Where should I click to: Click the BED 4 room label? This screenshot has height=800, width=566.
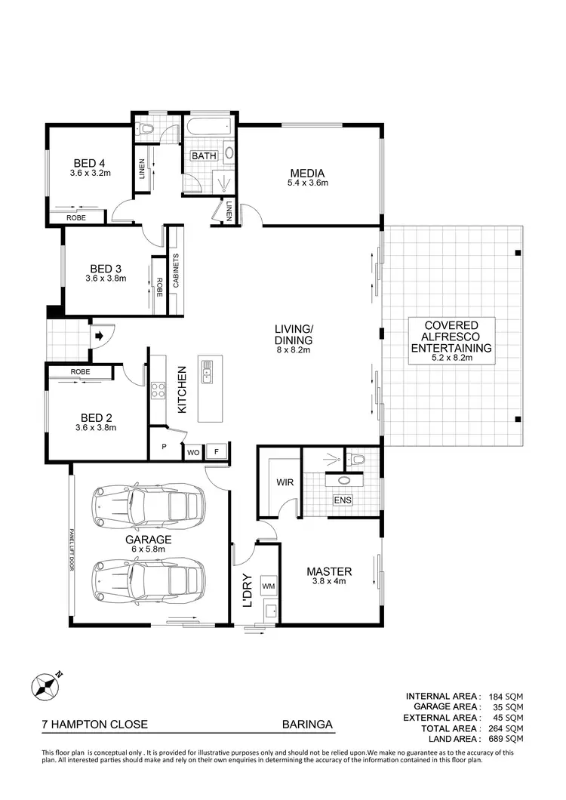pos(89,163)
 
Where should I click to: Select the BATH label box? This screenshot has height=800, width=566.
pos(204,156)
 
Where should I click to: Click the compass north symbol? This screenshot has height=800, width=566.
pos(45,687)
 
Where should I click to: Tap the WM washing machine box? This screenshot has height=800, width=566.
pos(268,586)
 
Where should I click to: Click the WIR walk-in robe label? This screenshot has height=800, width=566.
pos(285,482)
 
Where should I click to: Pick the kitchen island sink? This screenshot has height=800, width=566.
pos(208,371)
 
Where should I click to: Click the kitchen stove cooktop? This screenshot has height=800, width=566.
pos(158,390)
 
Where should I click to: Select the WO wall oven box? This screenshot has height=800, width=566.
pos(194,453)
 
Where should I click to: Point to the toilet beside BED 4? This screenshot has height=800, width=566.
pos(148,129)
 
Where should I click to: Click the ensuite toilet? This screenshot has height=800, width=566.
pos(356,458)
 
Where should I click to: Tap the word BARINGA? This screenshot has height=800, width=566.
pos(307,725)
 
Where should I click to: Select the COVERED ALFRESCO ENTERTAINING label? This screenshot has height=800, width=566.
pos(450,337)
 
